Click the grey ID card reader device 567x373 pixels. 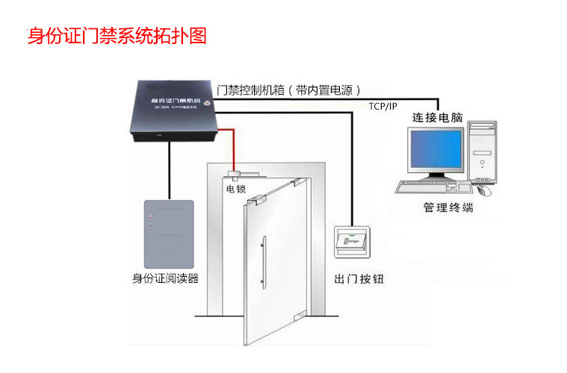[168, 232]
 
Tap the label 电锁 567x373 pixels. [235, 189]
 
